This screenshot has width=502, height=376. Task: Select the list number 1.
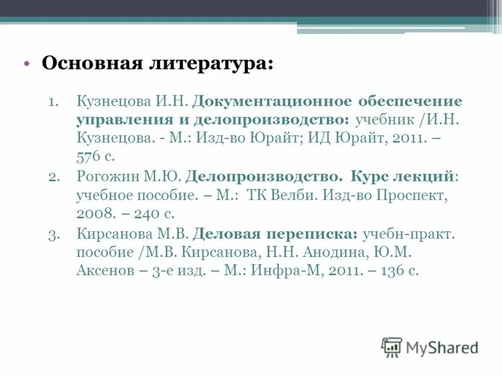[53, 102]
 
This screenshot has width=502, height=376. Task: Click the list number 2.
[53, 177]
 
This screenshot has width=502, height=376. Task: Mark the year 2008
[96, 214]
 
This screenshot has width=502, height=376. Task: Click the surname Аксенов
[104, 271]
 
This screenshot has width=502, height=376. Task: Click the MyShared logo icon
[392, 347]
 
